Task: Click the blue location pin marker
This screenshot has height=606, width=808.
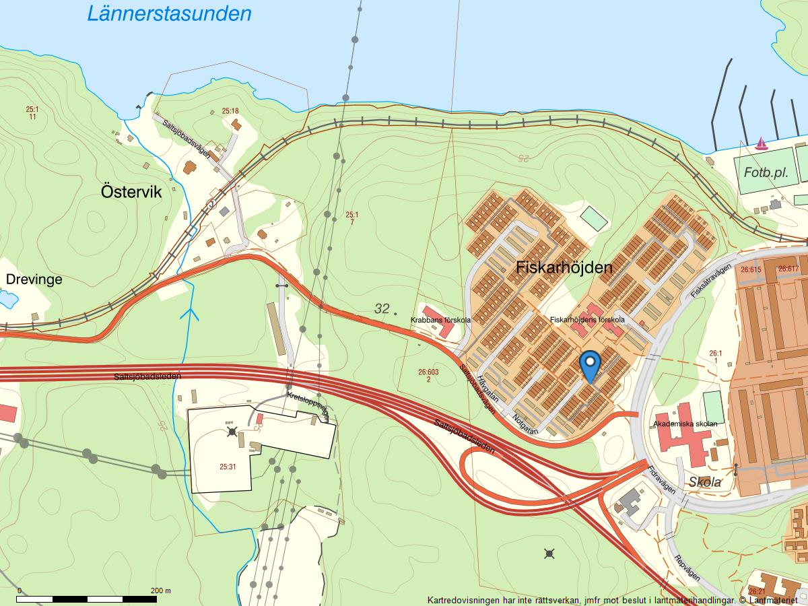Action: (x=591, y=365)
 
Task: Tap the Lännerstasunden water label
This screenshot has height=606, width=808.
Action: (x=169, y=13)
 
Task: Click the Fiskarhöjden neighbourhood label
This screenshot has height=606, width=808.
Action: (x=564, y=267)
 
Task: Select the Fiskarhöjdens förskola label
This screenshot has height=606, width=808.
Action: (x=587, y=320)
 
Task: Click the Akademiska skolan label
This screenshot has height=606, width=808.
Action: (x=685, y=424)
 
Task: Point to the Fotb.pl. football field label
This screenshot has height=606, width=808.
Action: (x=766, y=172)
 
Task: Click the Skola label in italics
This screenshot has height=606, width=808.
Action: (x=705, y=482)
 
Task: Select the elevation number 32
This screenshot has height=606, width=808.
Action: (x=382, y=309)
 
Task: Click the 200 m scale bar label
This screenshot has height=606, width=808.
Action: (x=161, y=591)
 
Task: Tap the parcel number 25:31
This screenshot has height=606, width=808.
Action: (x=228, y=465)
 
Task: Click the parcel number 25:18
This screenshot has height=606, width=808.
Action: (x=230, y=111)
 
